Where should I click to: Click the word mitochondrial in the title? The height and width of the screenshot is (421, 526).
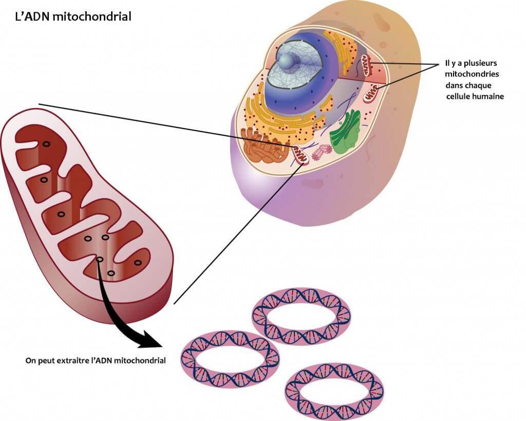[x=92, y=16]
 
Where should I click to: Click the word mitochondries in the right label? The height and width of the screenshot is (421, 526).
[x=472, y=74]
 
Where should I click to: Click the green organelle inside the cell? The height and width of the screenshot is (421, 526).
[x=346, y=132]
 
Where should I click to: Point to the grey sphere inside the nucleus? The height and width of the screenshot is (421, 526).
[x=287, y=60]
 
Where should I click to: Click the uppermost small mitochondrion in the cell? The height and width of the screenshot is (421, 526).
[x=367, y=65]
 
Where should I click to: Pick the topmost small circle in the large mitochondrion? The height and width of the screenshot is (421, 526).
[x=46, y=144]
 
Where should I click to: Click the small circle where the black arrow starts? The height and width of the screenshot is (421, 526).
[x=100, y=260]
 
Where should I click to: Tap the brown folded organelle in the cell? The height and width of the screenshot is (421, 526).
[x=265, y=146]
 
